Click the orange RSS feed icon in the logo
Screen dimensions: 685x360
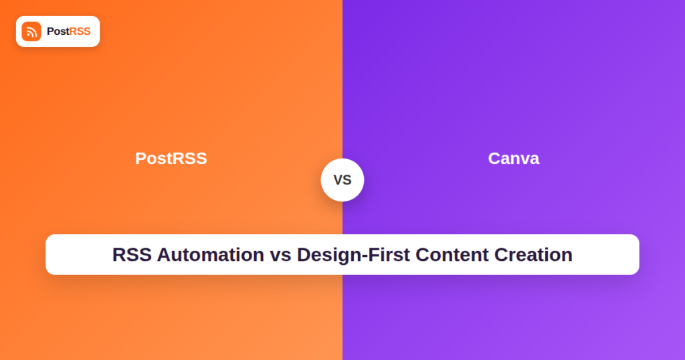[31, 31]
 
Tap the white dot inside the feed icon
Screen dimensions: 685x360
[28, 35]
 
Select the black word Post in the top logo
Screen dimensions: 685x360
[58, 31]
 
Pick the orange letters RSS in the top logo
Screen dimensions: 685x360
[80, 31]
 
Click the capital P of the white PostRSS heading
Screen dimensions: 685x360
[140, 158]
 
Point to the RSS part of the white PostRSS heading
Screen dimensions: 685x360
[191, 158]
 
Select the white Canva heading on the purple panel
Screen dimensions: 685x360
[514, 158]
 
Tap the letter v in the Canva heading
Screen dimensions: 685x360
[524, 160]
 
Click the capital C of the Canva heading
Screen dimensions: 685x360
[494, 158]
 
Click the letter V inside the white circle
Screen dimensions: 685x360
[338, 180]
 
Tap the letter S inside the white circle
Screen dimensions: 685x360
[347, 180]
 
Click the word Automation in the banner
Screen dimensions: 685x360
[211, 255]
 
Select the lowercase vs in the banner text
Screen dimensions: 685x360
[280, 257]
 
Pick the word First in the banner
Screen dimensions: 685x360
[389, 255]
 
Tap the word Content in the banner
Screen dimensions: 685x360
[452, 255]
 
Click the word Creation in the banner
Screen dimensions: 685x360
[533, 255]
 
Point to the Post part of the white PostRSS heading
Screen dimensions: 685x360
[155, 158]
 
